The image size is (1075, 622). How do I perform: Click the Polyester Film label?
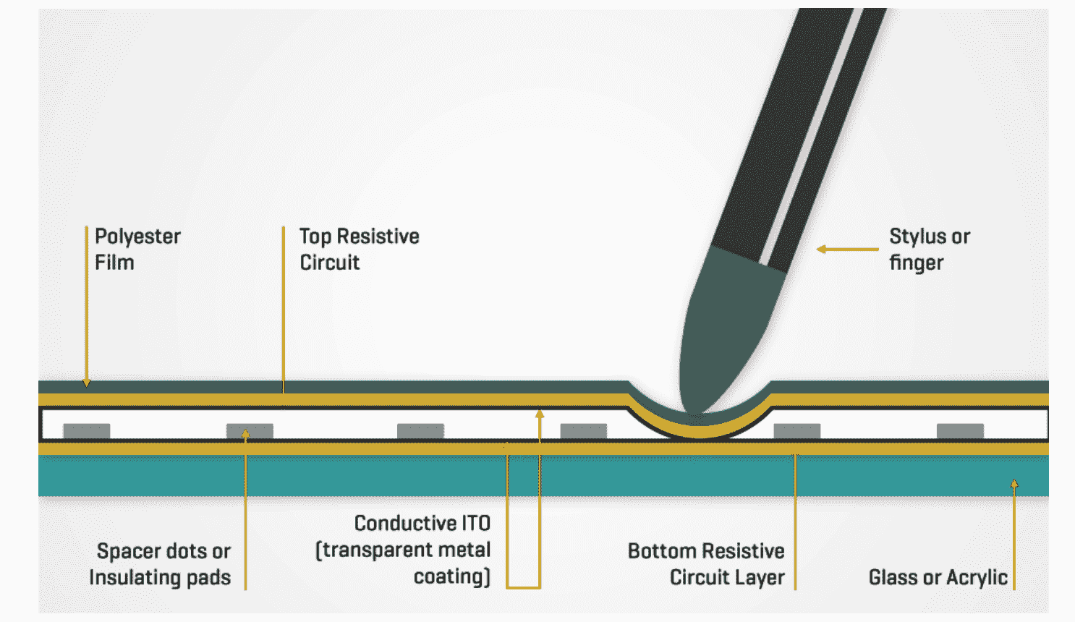137,250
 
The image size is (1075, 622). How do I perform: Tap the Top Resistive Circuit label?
360,250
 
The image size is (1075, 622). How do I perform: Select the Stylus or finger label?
929,250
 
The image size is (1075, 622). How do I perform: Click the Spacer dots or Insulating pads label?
161,564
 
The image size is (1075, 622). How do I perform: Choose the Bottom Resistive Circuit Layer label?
706,564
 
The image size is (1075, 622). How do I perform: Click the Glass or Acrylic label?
938,577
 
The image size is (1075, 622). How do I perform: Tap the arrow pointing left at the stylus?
823,250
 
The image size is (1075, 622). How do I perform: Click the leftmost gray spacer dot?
87,431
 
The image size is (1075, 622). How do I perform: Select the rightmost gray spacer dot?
960,431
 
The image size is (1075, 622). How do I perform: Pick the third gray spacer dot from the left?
420,431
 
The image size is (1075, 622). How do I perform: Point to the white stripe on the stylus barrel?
810,137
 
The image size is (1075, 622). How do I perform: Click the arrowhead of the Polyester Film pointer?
86,382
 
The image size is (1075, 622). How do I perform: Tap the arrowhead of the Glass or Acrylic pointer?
1014,483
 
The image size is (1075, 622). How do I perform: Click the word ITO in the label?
475,523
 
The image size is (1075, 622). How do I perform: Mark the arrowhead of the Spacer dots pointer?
245,434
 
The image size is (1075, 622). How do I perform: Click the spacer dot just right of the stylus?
796,431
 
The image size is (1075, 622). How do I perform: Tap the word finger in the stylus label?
916,263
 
